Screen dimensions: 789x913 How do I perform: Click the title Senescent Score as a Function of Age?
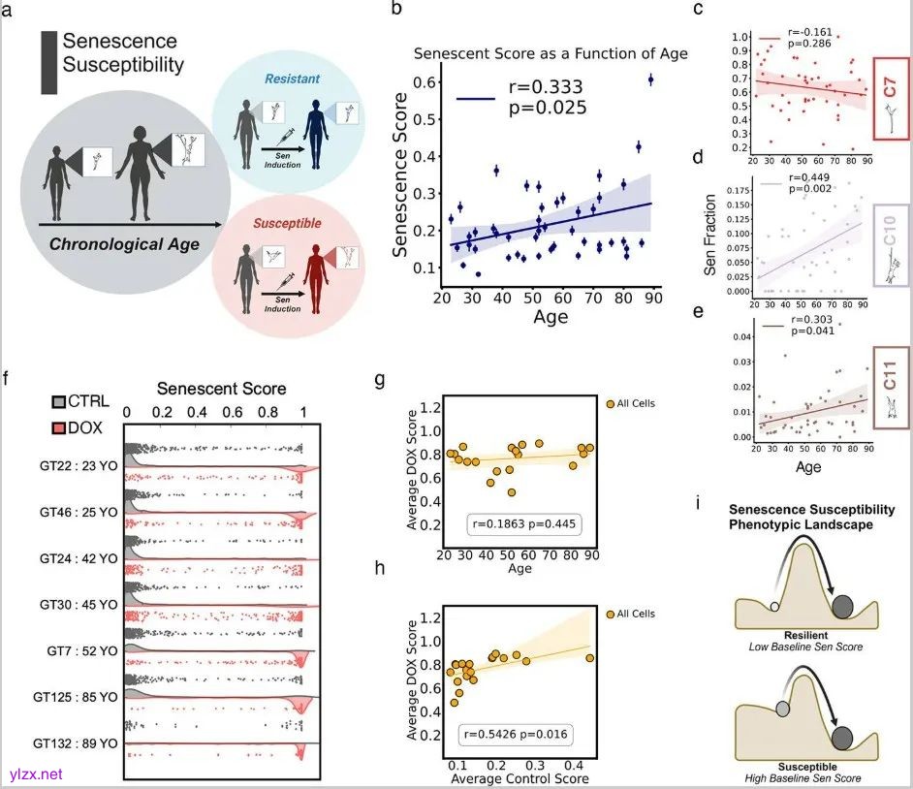[551, 52]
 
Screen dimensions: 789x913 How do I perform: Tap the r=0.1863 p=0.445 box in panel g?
[514, 524]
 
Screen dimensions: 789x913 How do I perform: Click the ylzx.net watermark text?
[36, 773]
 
